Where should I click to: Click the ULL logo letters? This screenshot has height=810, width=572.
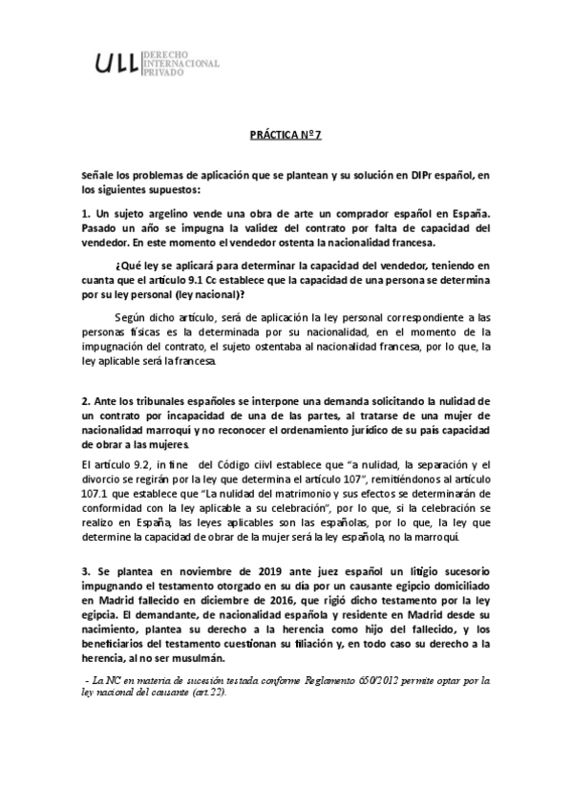coord(117,63)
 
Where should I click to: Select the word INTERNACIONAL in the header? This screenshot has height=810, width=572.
coord(180,63)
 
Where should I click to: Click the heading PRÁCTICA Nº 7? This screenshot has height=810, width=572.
coord(286,136)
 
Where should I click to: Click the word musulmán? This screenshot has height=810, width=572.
coord(198,659)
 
